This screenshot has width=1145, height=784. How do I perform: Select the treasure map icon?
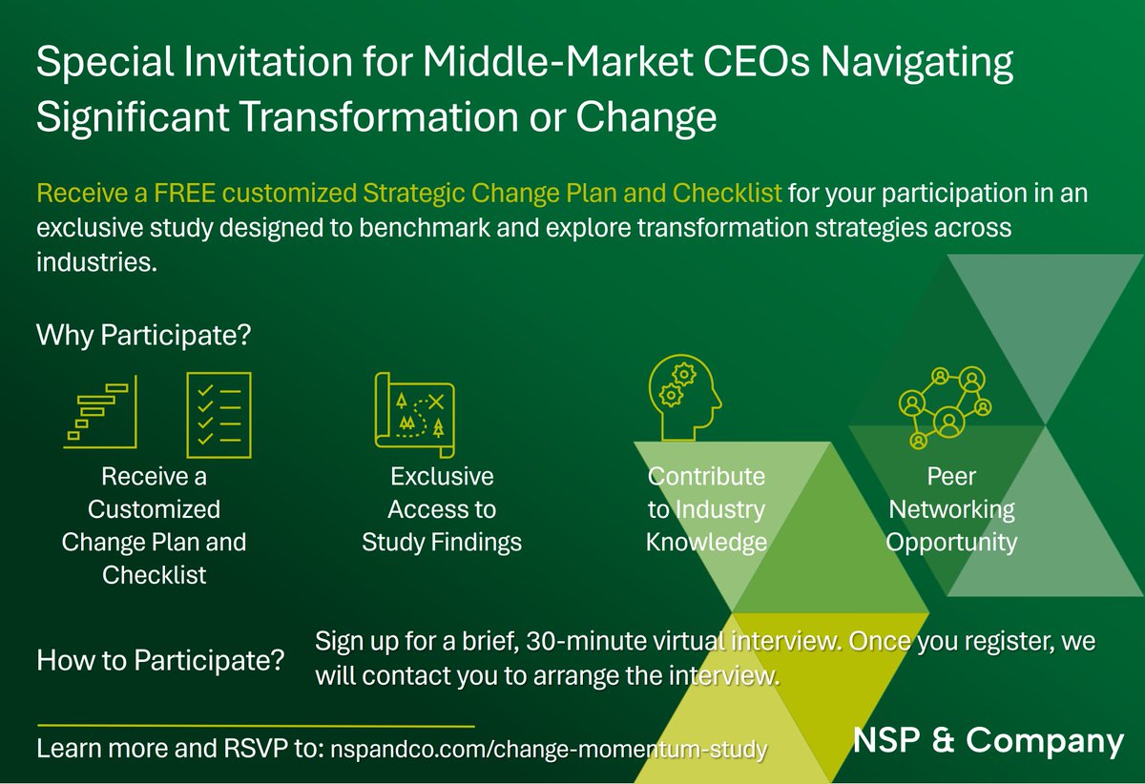pos(415,409)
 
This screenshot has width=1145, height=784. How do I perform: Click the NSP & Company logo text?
pos(988,740)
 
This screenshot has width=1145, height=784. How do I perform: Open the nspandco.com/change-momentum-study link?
pos(548,749)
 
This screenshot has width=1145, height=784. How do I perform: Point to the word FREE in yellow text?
pos(184,194)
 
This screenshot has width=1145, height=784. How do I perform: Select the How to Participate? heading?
pos(161,660)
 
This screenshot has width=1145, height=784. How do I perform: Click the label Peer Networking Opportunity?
pos(951,509)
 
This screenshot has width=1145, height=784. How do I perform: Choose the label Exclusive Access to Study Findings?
pos(442,509)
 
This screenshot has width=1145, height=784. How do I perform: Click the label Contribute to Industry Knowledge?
pos(706,509)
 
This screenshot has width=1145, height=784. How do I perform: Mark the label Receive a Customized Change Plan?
pos(154,526)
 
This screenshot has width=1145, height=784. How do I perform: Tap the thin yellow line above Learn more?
pos(255,727)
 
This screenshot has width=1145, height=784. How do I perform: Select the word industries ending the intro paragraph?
pos(94,262)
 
